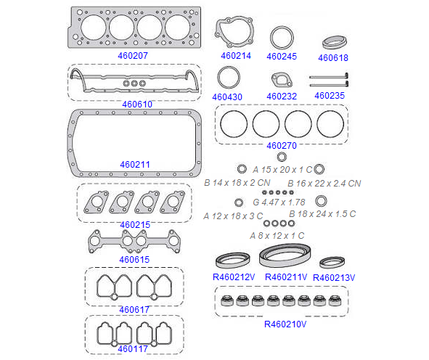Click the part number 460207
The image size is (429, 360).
[x=133, y=56]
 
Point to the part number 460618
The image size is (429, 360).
[x=333, y=58]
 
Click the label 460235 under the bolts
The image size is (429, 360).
[x=330, y=96]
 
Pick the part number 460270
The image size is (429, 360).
[x=282, y=146]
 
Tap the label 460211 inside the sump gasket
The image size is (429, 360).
[x=135, y=165]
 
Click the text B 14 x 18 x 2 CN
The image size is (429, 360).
[x=237, y=183]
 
